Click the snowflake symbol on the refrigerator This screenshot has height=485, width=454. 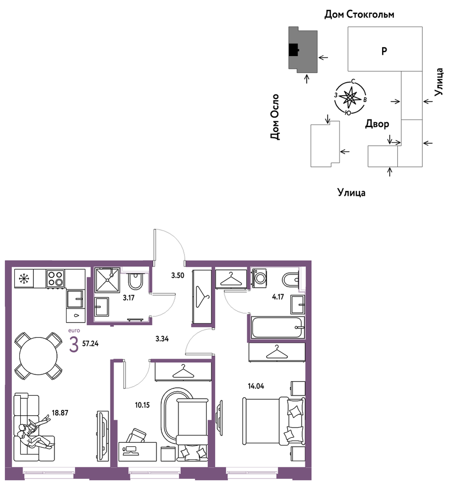[x=24, y=279]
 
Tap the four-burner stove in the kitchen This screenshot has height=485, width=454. [x=56, y=278]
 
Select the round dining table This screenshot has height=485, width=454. [x=39, y=356]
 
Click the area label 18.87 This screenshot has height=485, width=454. [x=60, y=413]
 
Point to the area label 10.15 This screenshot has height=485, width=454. [x=142, y=405]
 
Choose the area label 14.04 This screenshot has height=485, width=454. [x=256, y=386]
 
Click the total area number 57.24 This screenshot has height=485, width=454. [x=90, y=343]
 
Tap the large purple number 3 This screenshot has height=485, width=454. [x=74, y=345]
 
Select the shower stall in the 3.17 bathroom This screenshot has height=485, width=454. [x=107, y=280]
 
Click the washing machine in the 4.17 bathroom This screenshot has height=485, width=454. [x=260, y=278]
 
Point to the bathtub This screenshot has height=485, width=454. [x=278, y=327]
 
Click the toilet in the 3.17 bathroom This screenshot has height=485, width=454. [x=135, y=280]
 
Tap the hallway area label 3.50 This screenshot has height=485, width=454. [x=178, y=275]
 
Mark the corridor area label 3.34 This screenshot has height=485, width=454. [x=162, y=339]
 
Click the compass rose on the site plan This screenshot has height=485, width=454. [x=350, y=98]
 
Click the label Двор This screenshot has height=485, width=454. [x=377, y=124]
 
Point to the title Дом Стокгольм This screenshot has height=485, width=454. [x=359, y=14]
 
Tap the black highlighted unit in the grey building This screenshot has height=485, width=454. [x=294, y=49]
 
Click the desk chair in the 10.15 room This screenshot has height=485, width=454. [x=136, y=436]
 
